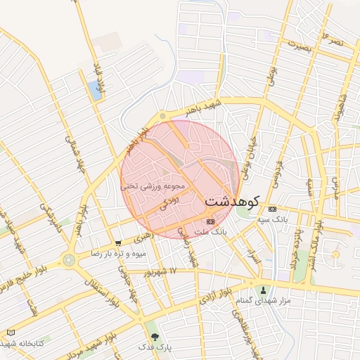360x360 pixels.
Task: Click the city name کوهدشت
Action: click(233, 201)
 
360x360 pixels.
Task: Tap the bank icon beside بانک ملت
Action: click(210, 221)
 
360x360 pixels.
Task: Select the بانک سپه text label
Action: click(271, 220)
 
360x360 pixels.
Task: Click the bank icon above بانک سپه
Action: click(272, 209)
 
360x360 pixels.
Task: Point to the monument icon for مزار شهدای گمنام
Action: click(264, 290)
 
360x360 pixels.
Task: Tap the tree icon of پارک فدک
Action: click(155, 337)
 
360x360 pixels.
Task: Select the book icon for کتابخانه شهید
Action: click(10, 332)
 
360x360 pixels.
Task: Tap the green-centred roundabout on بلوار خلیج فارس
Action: click(69, 260)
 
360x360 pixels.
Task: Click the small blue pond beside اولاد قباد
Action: click(94, 89)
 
